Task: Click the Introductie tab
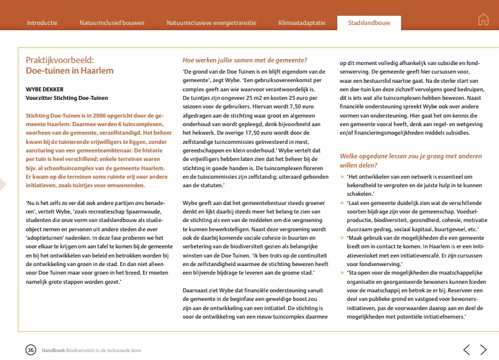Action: (x=41, y=22)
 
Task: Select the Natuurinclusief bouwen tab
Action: (x=112, y=22)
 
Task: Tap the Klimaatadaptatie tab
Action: (x=302, y=22)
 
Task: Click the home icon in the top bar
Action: (x=483, y=20)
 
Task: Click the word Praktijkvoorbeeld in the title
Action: (x=56, y=60)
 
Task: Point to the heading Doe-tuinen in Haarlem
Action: (x=60, y=70)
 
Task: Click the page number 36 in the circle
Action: (x=30, y=349)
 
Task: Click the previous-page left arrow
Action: (x=466, y=349)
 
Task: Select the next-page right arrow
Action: (x=483, y=349)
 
